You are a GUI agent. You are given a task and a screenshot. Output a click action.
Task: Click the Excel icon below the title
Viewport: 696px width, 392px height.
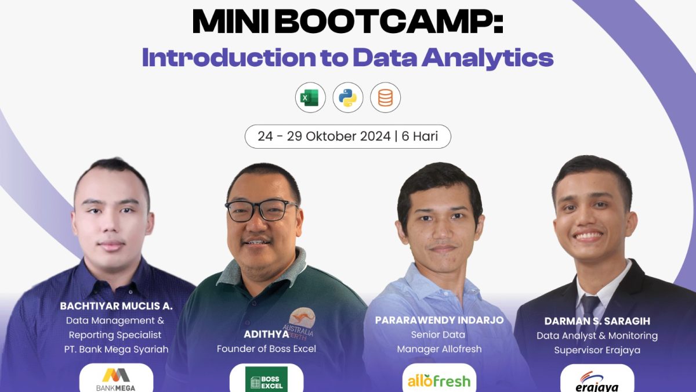point(310,98)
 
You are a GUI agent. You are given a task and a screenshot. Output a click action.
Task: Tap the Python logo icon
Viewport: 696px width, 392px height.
point(347,98)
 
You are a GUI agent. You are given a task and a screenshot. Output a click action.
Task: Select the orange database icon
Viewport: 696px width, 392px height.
point(385,98)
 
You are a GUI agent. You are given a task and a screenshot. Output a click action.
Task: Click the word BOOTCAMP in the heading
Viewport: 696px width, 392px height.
point(389,21)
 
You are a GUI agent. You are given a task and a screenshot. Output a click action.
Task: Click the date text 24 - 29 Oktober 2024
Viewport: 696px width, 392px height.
point(324,136)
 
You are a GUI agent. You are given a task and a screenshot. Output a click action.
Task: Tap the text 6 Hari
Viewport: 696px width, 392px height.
point(420,136)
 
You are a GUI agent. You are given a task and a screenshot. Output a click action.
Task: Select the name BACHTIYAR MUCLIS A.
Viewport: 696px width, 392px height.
point(116,306)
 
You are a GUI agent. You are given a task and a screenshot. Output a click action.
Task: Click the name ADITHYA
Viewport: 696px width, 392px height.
point(266,334)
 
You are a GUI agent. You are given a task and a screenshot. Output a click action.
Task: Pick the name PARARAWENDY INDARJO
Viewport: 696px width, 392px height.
point(440,320)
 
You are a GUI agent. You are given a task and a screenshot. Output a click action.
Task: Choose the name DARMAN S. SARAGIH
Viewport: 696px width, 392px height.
point(597,321)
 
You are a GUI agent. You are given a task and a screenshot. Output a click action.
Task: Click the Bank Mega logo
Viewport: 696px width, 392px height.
point(116,379)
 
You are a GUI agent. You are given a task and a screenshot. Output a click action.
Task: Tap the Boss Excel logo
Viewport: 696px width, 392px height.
point(266,379)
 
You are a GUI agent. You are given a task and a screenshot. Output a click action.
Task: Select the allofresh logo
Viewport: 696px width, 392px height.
point(439,380)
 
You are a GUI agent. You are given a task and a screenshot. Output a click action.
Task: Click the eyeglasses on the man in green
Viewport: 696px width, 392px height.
point(261,210)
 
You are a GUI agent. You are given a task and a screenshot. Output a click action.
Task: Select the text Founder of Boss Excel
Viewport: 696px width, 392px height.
point(266,349)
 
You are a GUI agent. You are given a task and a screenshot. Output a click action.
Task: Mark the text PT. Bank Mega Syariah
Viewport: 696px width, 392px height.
point(116,350)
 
